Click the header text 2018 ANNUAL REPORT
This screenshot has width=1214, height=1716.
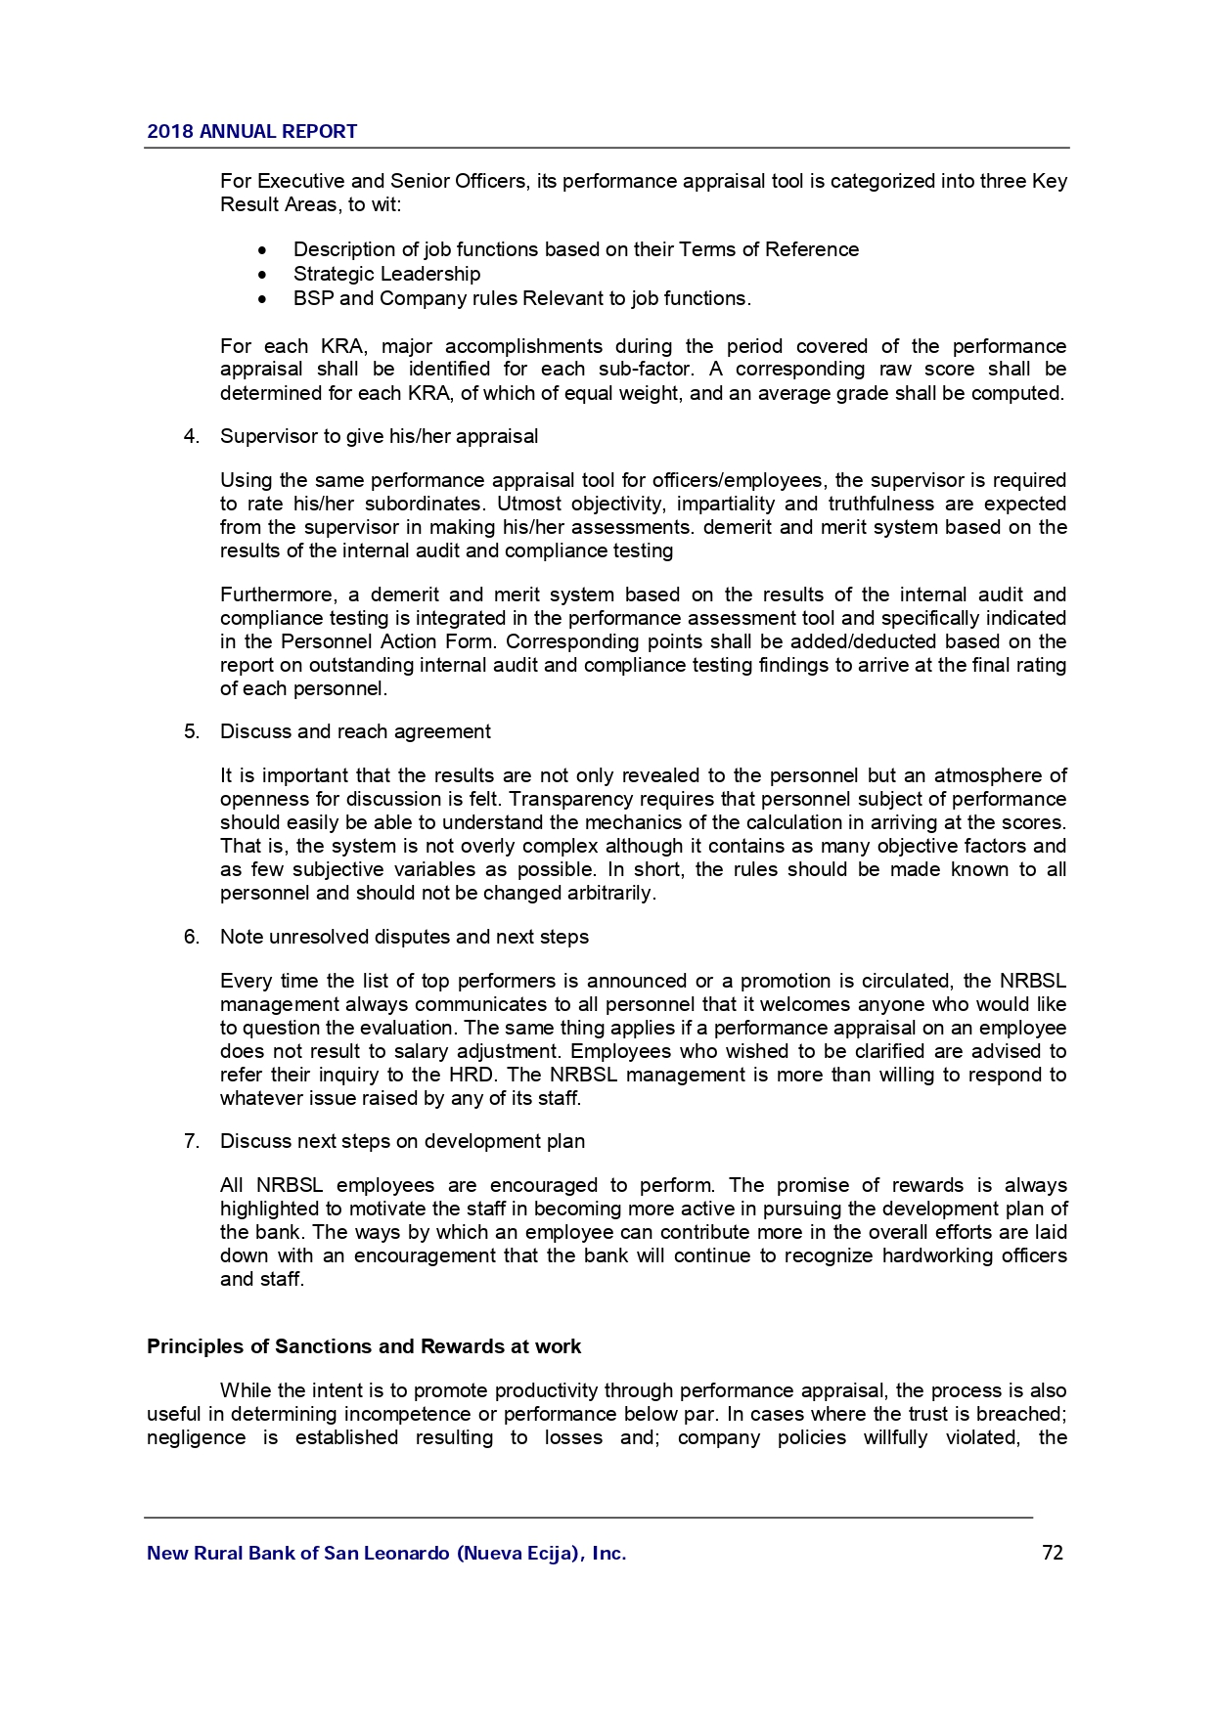(x=251, y=132)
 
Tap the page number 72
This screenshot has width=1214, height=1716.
(x=1053, y=1553)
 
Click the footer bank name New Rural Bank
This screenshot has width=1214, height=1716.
(x=386, y=1554)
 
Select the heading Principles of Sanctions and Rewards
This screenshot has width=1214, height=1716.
(x=363, y=1346)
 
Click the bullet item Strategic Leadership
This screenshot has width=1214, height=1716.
(x=386, y=274)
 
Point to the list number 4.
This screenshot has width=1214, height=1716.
(x=191, y=436)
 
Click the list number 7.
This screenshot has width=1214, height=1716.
(x=191, y=1141)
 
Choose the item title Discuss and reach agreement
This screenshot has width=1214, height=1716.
(x=355, y=731)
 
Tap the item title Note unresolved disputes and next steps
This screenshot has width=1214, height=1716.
(x=404, y=937)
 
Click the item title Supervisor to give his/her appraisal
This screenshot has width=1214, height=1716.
(x=379, y=436)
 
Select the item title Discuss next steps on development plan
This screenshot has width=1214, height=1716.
(x=402, y=1141)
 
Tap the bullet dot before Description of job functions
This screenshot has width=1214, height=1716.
(x=263, y=250)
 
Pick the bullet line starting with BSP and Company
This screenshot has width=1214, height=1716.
(x=521, y=298)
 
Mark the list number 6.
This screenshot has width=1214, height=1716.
(x=191, y=937)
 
